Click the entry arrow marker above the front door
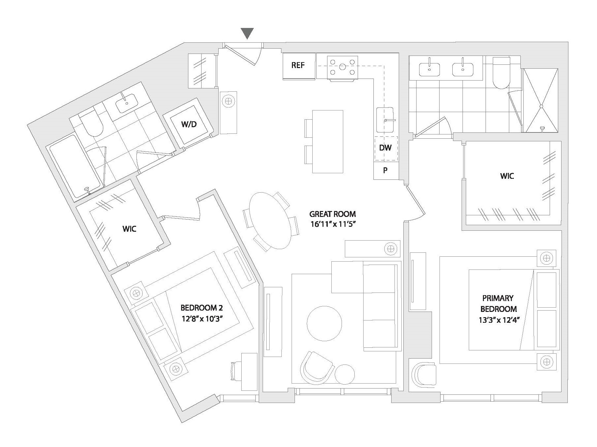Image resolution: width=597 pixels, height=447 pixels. tap(247, 33)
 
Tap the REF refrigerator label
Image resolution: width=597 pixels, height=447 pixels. tap(298, 65)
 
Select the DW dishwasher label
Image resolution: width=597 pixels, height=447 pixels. tap(385, 148)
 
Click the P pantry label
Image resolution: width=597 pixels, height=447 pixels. tap(385, 170)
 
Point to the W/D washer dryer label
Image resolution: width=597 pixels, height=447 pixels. tap(189, 124)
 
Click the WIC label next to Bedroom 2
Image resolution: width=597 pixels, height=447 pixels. tap(129, 229)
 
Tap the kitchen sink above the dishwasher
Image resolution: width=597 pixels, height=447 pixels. tap(385, 120)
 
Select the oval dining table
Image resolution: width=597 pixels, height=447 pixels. tap(271, 221)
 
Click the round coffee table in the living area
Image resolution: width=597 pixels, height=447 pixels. tap(324, 323)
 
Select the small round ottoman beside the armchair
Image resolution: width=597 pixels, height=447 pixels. tap(345, 374)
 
